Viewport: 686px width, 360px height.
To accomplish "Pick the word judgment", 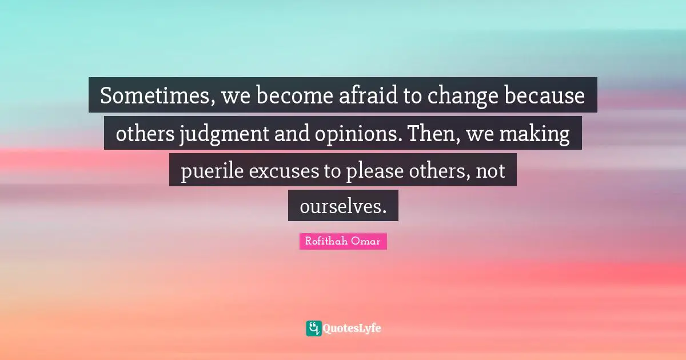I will tap(212, 135).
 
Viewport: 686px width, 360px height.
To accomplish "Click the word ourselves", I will tap(342, 207).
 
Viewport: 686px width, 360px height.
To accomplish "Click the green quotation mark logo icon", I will tap(313, 328).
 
